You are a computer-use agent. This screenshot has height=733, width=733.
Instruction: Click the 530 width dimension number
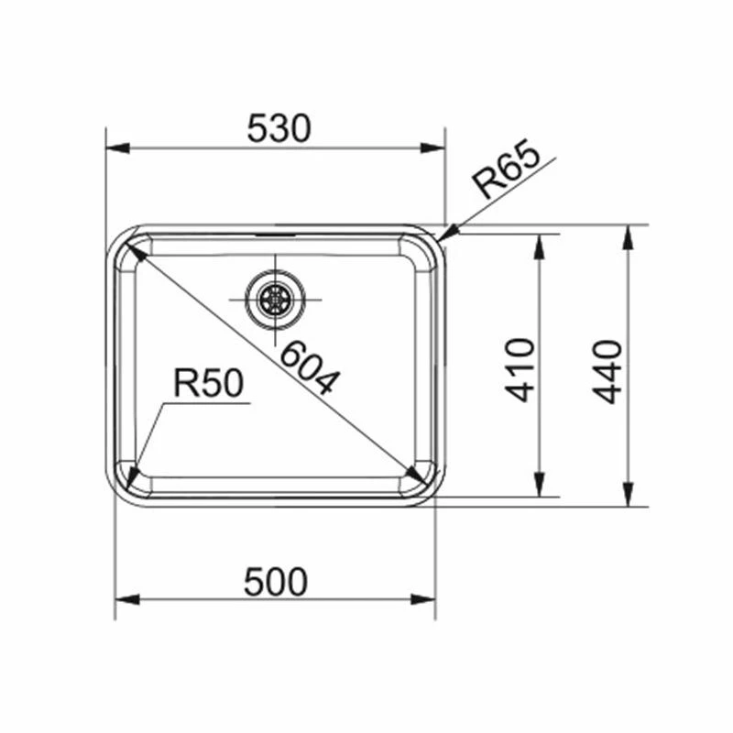point(279,128)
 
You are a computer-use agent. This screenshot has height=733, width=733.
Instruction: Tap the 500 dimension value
point(276,582)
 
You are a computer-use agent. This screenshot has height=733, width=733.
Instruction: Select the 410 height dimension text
point(520,370)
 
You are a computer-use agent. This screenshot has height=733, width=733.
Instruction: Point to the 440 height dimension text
point(607,372)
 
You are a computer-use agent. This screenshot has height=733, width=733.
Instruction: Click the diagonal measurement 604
point(309,369)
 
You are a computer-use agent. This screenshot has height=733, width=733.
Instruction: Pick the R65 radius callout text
point(506,169)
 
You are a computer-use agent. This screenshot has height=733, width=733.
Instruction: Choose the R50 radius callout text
point(209,383)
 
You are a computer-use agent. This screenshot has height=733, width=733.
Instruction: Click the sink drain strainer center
point(276,299)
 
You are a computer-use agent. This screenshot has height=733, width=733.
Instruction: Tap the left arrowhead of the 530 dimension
point(118,148)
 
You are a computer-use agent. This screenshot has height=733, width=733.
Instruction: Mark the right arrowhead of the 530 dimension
point(432,148)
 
